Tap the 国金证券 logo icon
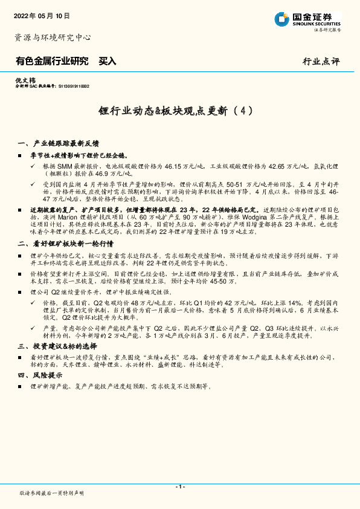[x=282, y=19]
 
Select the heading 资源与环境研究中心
[x=53, y=37]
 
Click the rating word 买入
[x=108, y=61]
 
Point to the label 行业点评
[x=321, y=62]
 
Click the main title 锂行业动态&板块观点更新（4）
[x=179, y=111]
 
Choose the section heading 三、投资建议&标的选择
[x=57, y=346]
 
